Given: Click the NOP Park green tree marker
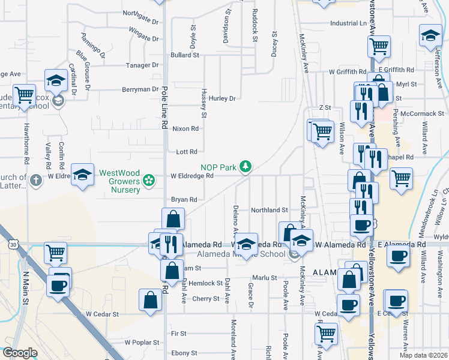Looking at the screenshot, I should tap(245, 166).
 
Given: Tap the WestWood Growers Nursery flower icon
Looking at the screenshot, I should tap(149, 181).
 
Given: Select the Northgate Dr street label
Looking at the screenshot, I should tap(140, 13).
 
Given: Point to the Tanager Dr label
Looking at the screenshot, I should tap(142, 65).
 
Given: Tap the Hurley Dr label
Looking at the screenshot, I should tap(223, 98).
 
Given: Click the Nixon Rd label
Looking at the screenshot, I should tap(185, 128).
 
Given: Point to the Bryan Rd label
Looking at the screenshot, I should tap(185, 199).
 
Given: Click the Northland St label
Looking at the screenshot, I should tap(270, 210).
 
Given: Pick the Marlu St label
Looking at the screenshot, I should tap(264, 278).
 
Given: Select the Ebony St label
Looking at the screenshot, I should tap(184, 353).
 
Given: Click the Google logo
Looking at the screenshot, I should tap(20, 353).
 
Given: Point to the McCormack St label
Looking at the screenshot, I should tap(423, 113).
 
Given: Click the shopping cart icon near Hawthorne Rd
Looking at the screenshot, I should tap(24, 95).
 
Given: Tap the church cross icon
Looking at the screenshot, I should tap(35, 179).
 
